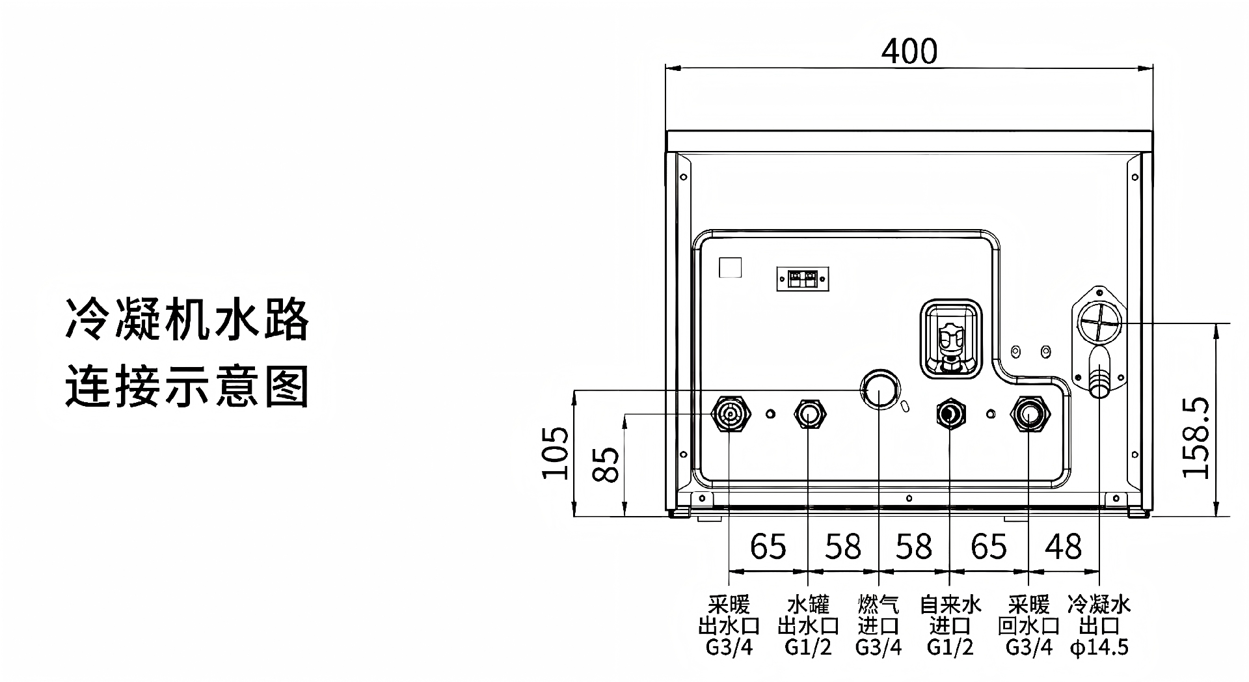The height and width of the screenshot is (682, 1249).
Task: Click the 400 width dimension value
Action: pyautogui.click(x=909, y=51)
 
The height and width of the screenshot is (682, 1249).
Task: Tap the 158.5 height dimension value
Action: pyautogui.click(x=1196, y=437)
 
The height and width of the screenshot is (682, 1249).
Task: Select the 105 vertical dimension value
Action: pyautogui.click(x=556, y=452)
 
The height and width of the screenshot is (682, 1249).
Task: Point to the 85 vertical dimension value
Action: pyautogui.click(x=606, y=463)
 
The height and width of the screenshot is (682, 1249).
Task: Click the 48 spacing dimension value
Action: pyautogui.click(x=1064, y=547)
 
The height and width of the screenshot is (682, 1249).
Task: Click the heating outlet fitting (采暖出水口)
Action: pyautogui.click(x=730, y=413)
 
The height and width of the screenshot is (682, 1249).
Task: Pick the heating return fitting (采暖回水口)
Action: pyautogui.click(x=1028, y=413)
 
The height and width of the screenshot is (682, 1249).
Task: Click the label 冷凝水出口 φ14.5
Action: pyautogui.click(x=1099, y=626)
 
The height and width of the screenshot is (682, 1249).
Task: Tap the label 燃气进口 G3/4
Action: pyautogui.click(x=878, y=626)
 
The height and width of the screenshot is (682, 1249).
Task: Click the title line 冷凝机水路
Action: pyautogui.click(x=187, y=320)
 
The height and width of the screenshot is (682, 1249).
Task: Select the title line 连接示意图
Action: pyautogui.click(x=187, y=387)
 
